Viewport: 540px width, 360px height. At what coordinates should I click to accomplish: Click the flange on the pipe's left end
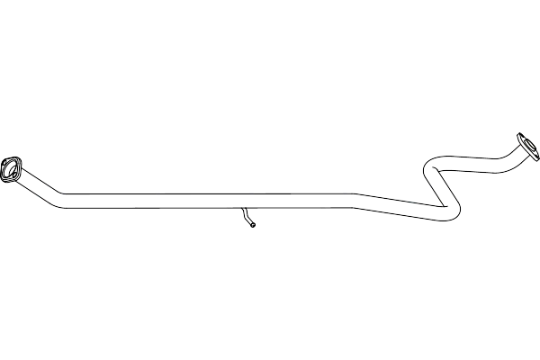point(12,167)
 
